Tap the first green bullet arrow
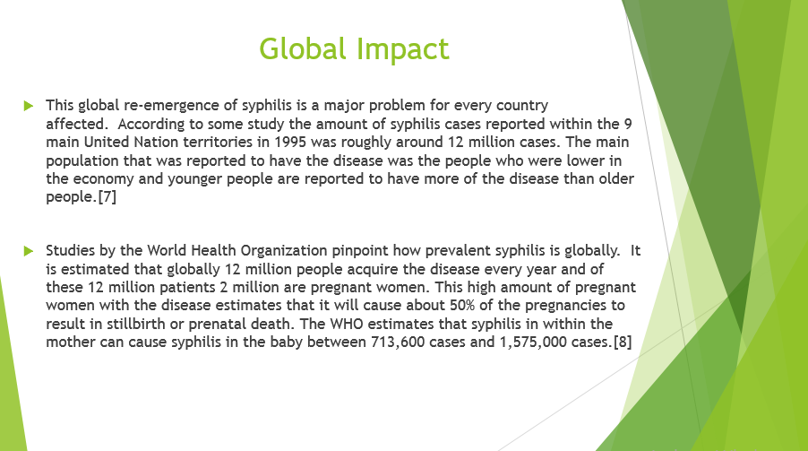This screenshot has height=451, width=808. pos(28,106)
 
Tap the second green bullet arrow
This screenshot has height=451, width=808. pos(28,251)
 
